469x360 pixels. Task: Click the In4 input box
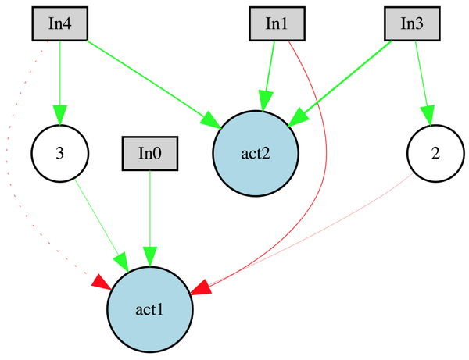(59, 23)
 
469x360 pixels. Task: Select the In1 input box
(277, 23)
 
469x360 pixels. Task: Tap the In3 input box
(412, 23)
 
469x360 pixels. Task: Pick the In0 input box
(150, 153)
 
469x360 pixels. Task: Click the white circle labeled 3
(59, 152)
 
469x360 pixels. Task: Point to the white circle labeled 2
(435, 152)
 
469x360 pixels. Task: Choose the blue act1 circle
(149, 309)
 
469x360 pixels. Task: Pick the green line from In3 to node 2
(422, 78)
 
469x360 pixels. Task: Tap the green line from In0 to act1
(150, 211)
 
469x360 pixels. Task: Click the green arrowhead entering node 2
(428, 115)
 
